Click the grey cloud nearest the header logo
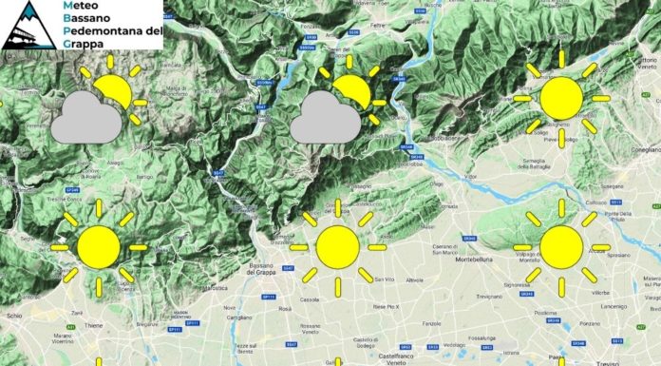[85, 120]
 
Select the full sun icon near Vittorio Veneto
[560, 99]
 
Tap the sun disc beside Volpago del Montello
[560, 246]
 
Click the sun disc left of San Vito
[337, 246]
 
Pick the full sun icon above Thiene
[99, 246]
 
